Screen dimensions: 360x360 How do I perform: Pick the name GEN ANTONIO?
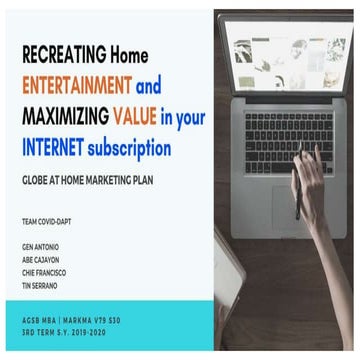coord(39,245)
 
